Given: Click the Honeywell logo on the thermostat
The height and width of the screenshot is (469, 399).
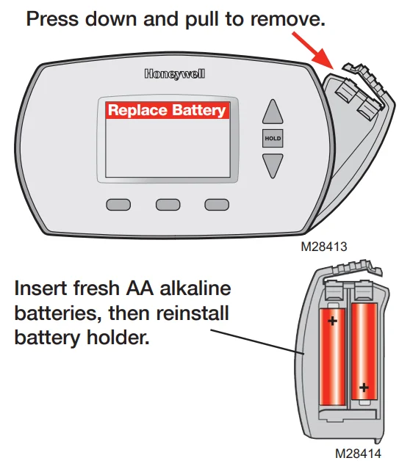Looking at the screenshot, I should click(174, 74).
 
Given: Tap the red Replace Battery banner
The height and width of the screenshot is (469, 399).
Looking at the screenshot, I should click(167, 111).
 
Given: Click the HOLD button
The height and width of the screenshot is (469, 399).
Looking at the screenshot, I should click(273, 138).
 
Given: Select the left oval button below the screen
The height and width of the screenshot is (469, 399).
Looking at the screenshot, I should click(118, 205).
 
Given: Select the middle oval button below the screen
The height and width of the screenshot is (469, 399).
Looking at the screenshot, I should click(168, 205).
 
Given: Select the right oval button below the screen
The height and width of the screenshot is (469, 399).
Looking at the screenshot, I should click(217, 205).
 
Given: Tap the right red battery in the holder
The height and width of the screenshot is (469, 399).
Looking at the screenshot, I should click(364, 352).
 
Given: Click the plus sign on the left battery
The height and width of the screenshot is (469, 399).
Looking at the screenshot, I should click(333, 321).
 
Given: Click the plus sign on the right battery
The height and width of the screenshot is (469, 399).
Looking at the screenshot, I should click(363, 387).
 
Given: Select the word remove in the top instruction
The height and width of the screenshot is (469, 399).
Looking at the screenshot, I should click(286, 19).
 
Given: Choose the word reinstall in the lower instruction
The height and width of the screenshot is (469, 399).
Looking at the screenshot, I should click(193, 313).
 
